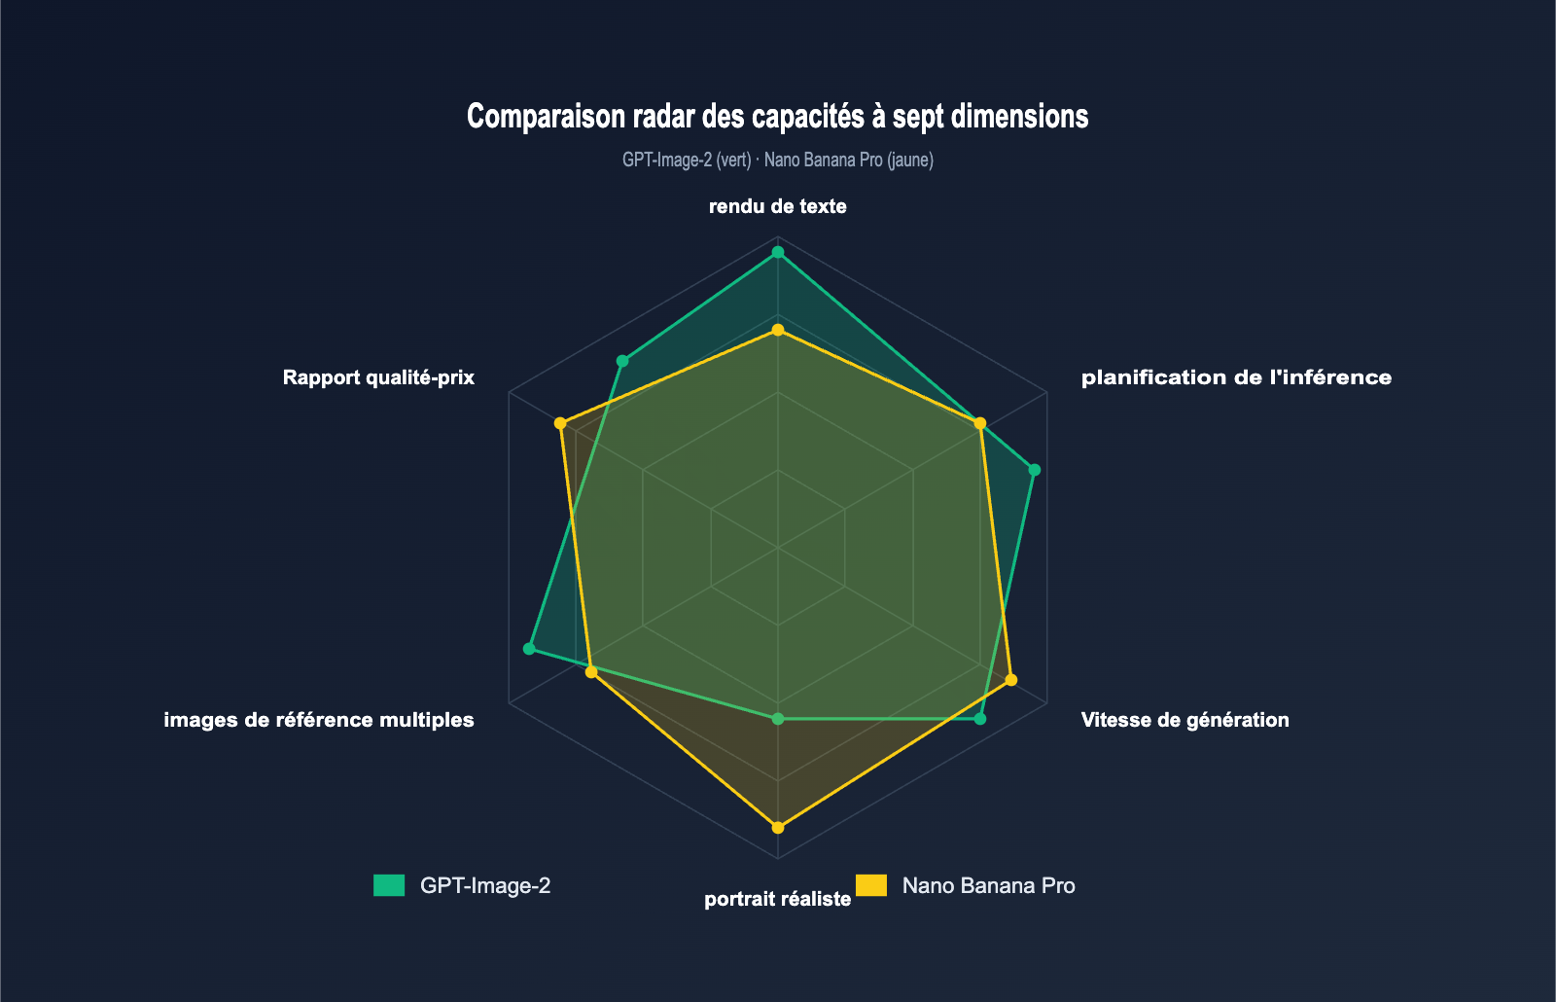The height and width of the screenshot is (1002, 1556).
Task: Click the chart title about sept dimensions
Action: pos(777,117)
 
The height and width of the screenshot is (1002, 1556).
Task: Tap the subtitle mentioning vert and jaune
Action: pos(777,160)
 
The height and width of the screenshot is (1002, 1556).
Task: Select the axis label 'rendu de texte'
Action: pos(777,206)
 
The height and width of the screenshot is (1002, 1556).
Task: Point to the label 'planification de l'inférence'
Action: pos(1235,377)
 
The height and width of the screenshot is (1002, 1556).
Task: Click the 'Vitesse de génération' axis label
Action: pos(1185,720)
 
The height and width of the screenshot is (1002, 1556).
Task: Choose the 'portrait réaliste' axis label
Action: pos(777,899)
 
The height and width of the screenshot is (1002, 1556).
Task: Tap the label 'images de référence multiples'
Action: pos(319,720)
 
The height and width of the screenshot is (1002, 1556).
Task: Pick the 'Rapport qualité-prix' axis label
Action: pos(378,377)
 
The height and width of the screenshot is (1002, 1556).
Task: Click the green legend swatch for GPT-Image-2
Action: pos(389,885)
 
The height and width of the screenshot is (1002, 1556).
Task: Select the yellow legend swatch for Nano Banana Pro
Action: pos(870,885)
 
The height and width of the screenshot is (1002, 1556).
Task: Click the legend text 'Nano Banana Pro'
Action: pos(988,885)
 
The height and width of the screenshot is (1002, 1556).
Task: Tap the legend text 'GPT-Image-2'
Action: pos(485,885)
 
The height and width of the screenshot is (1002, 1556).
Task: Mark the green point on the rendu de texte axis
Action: pos(777,253)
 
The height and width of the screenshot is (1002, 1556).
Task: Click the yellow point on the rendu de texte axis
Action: pos(777,330)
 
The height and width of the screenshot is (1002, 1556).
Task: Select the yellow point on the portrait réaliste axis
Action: pos(777,828)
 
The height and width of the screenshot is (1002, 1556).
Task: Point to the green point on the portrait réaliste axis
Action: pos(777,719)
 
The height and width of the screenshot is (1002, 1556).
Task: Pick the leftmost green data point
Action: pos(529,648)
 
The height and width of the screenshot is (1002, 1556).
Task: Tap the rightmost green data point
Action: pos(1035,470)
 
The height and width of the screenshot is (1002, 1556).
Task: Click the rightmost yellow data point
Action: pos(1011,679)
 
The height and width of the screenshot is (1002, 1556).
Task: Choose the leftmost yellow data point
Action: pos(560,423)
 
